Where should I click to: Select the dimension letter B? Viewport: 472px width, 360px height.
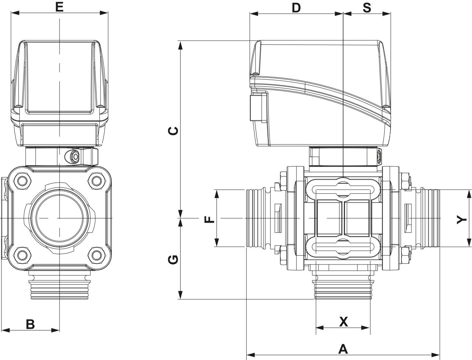pos(30,324)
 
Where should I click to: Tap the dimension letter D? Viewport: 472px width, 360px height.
pos(296,8)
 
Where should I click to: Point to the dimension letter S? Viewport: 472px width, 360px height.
pos(367,8)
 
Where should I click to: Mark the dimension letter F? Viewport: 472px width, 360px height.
pos(209,219)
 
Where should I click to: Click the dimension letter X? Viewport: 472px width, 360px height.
pos(343,322)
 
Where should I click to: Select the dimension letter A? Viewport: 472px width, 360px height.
pos(342,349)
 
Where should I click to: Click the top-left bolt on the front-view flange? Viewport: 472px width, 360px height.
pos(22,181)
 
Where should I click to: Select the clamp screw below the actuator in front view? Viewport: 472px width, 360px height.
pos(75,157)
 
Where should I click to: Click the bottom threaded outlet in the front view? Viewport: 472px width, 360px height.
pos(59,287)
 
